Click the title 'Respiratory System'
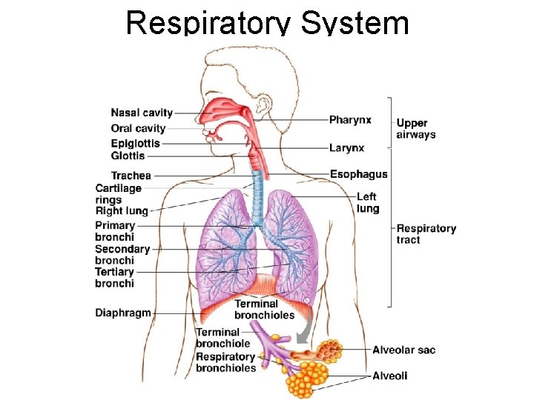click(267, 22)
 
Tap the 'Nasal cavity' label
click(142, 113)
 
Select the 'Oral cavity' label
click(138, 129)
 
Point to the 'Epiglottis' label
click(135, 144)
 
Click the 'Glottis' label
click(128, 156)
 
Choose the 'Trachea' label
click(131, 176)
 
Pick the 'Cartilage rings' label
click(118, 194)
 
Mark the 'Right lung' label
click(122, 211)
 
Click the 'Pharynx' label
click(350, 120)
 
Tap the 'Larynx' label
click(346, 148)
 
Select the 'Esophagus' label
click(358, 175)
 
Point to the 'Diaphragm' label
click(122, 313)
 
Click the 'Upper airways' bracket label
click(416, 129)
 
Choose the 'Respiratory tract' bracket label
click(426, 234)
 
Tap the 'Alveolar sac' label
click(403, 350)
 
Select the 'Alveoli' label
click(389, 376)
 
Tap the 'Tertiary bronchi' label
click(114, 278)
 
